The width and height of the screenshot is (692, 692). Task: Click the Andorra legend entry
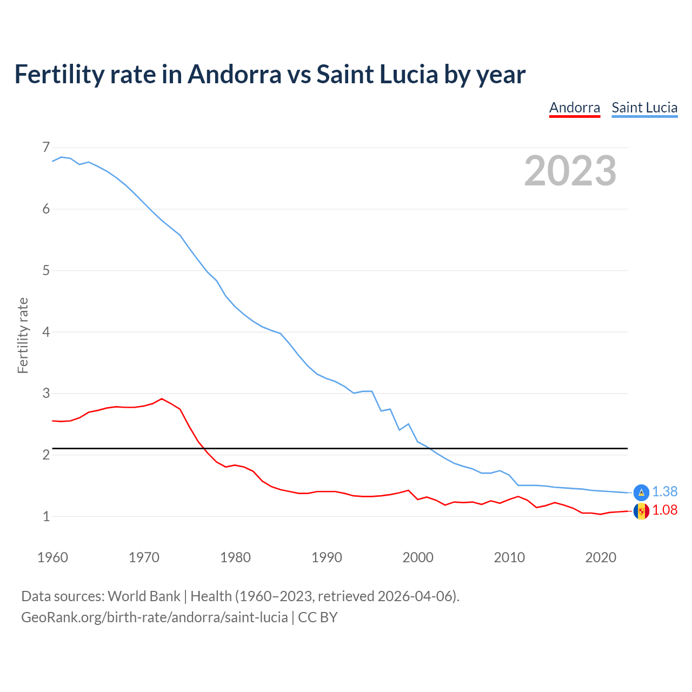tap(574, 108)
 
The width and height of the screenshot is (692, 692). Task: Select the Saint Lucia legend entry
tap(644, 108)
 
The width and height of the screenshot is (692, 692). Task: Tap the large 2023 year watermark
tap(570, 171)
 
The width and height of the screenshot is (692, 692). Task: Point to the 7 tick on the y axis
tap(46, 147)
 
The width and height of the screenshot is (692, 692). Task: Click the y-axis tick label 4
tap(46, 332)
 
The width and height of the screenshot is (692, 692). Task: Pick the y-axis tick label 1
tap(46, 516)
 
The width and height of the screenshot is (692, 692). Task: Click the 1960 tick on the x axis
tap(52, 557)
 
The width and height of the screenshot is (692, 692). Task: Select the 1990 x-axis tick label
tap(327, 557)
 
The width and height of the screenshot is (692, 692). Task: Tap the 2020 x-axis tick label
tap(601, 557)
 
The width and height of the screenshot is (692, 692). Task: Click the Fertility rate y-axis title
tap(23, 335)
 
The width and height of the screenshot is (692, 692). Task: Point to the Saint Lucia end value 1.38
tap(664, 491)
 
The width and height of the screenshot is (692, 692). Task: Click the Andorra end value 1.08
tap(664, 510)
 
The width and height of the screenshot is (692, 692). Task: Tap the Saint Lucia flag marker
tap(641, 492)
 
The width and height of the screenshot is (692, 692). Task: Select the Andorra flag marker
tap(641, 511)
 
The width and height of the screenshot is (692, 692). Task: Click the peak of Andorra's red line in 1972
tap(162, 399)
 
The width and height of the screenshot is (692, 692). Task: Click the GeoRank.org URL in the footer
tap(154, 617)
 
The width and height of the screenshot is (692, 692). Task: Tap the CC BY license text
tap(318, 617)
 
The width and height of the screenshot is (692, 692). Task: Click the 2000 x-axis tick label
tap(418, 557)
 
